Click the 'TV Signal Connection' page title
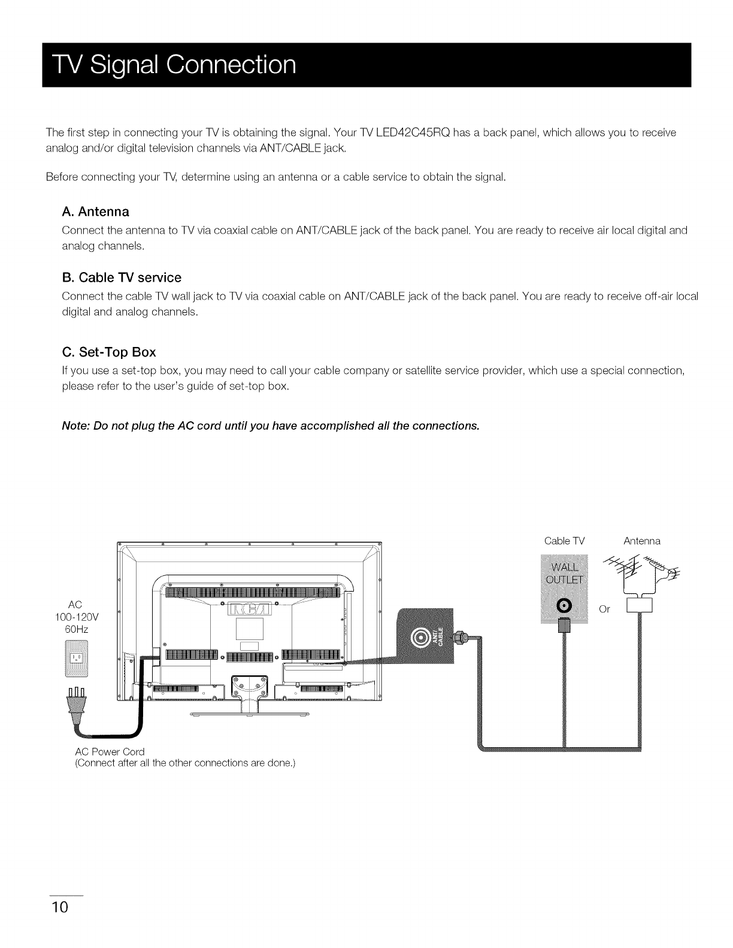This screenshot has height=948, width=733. click(169, 65)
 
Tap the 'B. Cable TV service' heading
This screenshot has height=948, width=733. click(122, 277)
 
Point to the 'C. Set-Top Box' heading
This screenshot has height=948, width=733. click(109, 352)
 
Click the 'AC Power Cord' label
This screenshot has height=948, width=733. click(110, 751)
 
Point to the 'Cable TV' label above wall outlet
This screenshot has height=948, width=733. click(564, 541)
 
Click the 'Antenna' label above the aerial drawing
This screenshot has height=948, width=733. click(641, 541)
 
